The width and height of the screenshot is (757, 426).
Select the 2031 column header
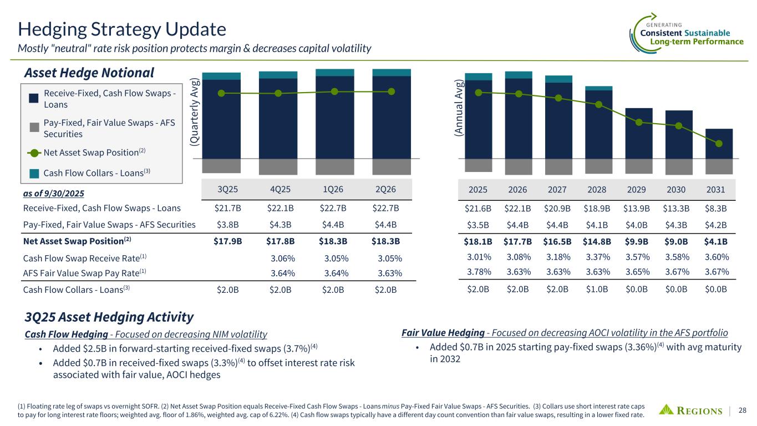click(716, 189)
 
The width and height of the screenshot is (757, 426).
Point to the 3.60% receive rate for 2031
click(716, 257)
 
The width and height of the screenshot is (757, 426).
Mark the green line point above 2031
click(719, 144)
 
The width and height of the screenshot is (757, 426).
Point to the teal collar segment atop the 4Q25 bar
click(278, 75)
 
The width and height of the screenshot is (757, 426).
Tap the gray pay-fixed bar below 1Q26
click(335, 166)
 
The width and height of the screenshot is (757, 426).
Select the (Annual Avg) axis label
click(458, 108)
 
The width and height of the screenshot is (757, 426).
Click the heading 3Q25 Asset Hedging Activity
click(109, 317)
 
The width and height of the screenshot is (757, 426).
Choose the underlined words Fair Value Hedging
click(443, 333)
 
